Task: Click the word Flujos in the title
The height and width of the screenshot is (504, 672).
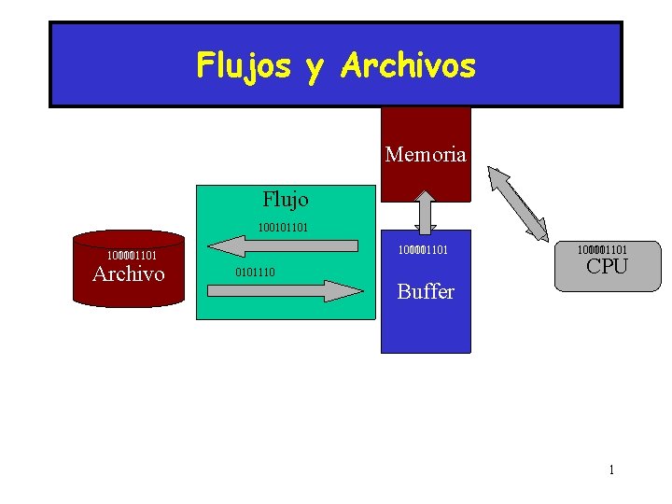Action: (244, 65)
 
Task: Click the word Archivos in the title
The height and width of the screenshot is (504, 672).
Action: (409, 65)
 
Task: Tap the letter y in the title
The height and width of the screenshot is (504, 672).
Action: (315, 67)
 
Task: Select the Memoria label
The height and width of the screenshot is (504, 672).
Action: (425, 155)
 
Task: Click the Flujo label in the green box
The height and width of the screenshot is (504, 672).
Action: (286, 199)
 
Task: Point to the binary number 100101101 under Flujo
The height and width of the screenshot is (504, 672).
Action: (284, 227)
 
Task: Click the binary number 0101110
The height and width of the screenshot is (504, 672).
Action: (255, 273)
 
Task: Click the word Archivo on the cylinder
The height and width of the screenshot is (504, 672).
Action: (129, 273)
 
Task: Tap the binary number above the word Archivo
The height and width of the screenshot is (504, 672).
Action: (131, 255)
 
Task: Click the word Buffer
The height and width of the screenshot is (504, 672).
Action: (426, 291)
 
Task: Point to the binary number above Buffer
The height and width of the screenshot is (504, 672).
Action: (423, 250)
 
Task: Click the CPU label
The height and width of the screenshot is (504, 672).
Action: (607, 267)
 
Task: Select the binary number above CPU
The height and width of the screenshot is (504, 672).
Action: (602, 249)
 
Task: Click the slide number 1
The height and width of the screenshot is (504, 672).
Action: (611, 469)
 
